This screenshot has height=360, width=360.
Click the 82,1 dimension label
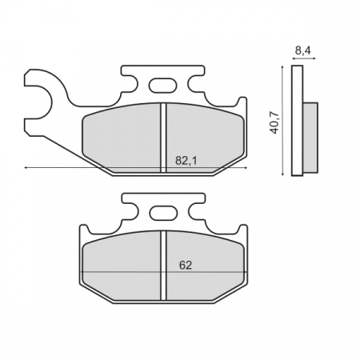(x=185, y=160)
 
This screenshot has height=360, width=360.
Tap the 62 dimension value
(x=185, y=265)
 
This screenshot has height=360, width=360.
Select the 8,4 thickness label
(x=303, y=50)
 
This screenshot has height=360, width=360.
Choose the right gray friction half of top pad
(x=204, y=136)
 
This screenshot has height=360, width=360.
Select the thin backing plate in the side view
(x=297, y=120)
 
